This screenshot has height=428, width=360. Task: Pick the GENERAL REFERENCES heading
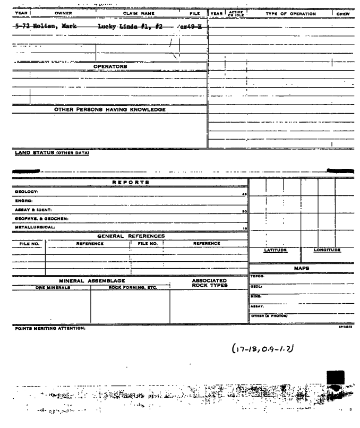pyautogui.click(x=130, y=236)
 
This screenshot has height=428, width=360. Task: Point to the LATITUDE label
pyautogui.click(x=275, y=250)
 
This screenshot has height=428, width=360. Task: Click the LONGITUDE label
pyautogui.click(x=328, y=250)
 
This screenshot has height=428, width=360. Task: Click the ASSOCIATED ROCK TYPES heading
pyautogui.click(x=209, y=283)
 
